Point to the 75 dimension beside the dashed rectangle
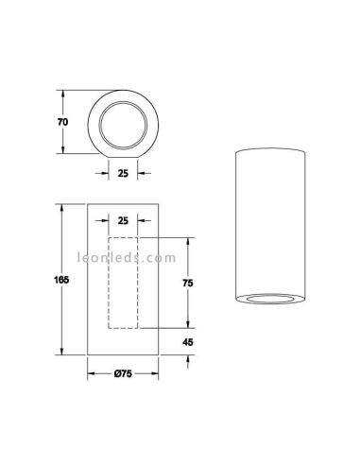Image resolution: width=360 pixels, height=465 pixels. tap(187, 281)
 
